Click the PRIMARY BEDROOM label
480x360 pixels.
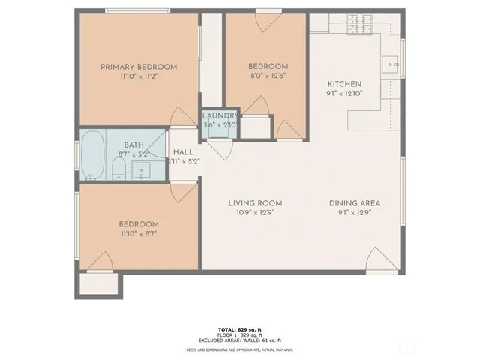[139, 67]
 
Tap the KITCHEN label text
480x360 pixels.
[344, 84]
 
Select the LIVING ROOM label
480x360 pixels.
[255, 203]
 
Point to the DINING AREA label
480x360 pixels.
[355, 203]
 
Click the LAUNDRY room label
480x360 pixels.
[220, 115]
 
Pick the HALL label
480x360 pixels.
[183, 152]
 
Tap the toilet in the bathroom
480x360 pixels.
[119, 168]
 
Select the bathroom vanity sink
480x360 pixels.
[142, 171]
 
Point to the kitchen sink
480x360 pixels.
[390, 66]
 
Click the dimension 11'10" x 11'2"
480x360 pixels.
[139, 76]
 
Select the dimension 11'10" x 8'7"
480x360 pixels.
[139, 233]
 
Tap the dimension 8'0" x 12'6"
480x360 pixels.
[268, 75]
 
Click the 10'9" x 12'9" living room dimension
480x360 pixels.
[255, 212]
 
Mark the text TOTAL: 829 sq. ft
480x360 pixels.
[240, 329]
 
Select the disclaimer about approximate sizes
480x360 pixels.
[240, 350]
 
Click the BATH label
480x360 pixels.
[133, 145]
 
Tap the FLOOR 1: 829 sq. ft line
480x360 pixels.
[240, 334]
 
